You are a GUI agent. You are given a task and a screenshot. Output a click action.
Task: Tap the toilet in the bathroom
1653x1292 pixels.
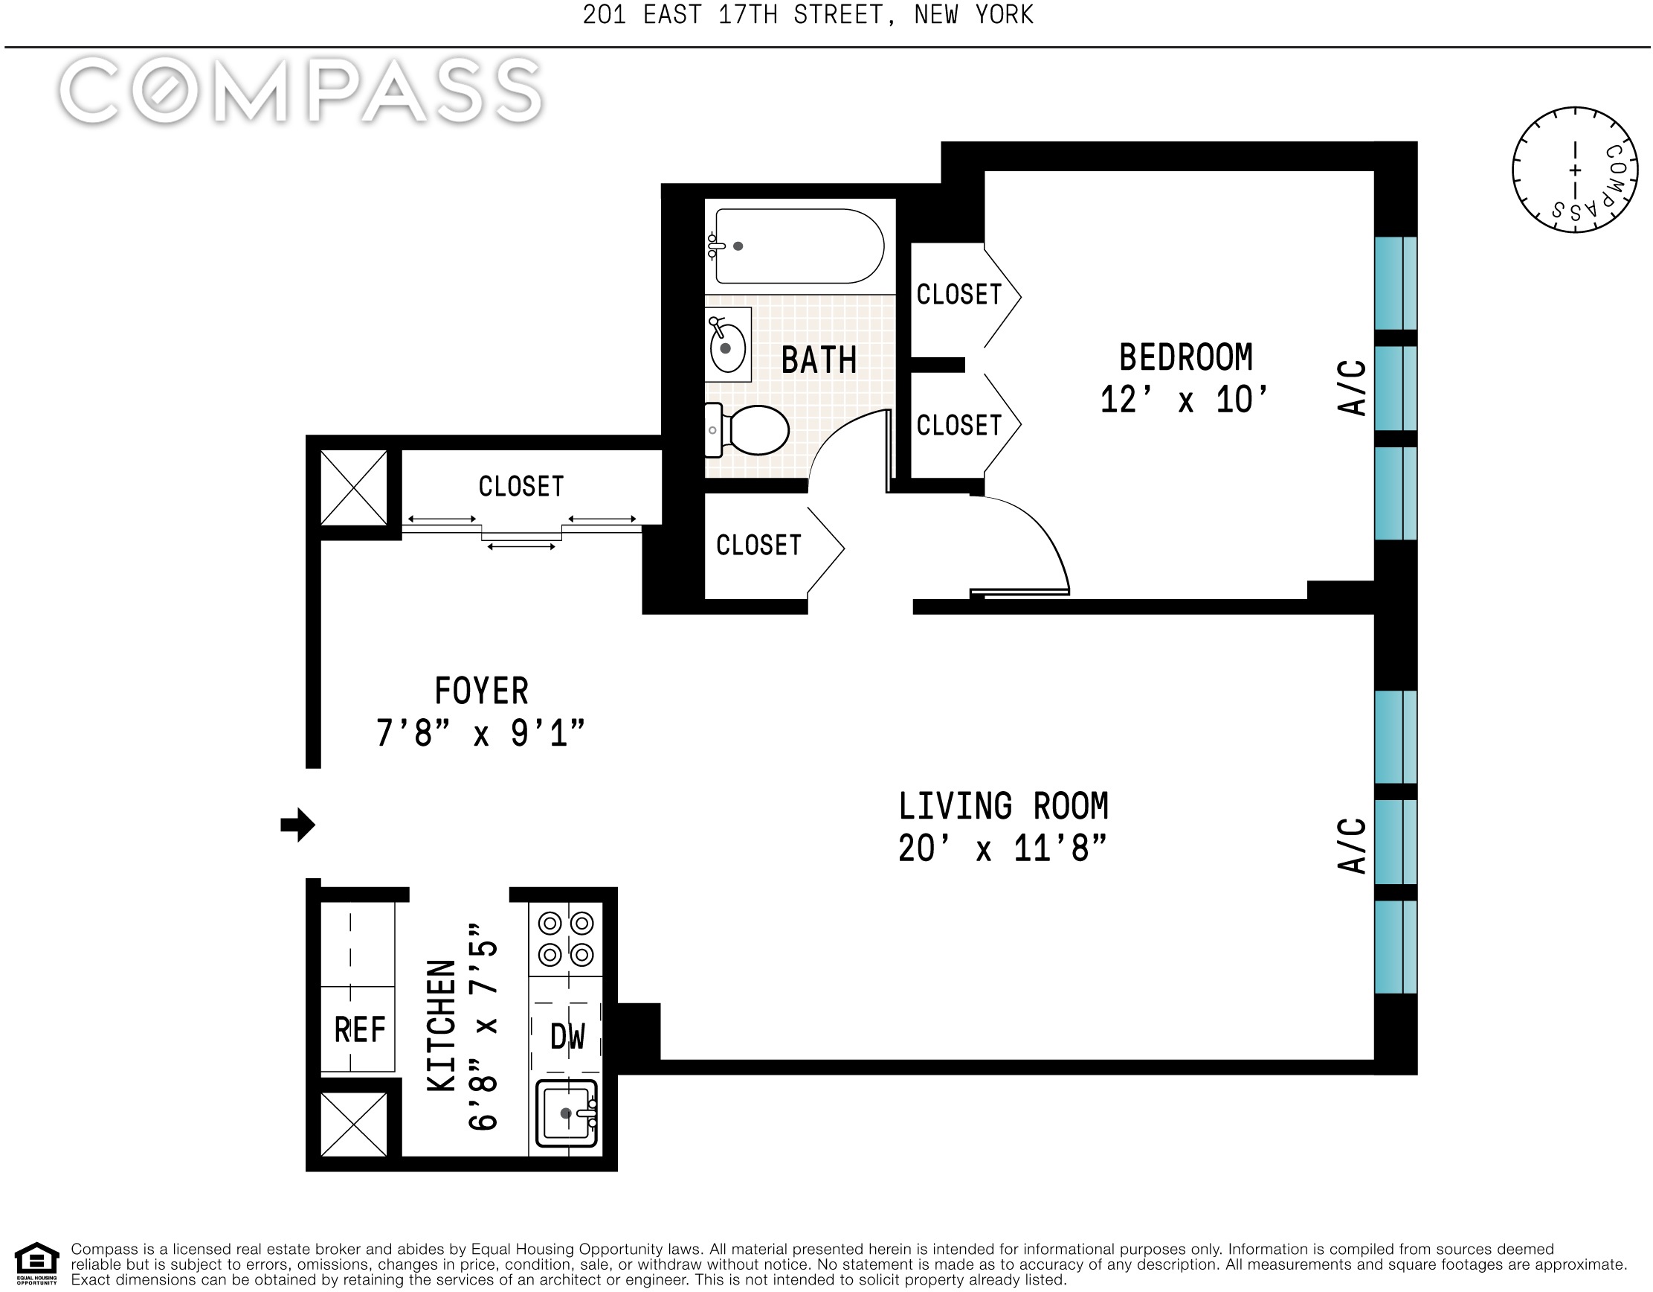(x=747, y=430)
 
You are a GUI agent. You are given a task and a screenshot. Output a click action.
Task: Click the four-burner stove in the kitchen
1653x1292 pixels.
(x=565, y=939)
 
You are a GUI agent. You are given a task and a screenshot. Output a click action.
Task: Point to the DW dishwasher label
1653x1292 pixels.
(x=567, y=1037)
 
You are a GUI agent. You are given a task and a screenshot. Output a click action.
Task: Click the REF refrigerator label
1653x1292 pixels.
(x=359, y=1030)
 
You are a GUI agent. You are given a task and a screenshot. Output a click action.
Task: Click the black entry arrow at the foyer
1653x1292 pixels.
(x=297, y=825)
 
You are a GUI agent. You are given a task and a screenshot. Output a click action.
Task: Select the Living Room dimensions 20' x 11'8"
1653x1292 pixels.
(x=1002, y=848)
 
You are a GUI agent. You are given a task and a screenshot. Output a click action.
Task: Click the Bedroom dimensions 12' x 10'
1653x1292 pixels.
(x=1185, y=400)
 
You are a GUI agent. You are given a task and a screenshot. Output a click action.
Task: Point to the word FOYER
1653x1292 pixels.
(x=481, y=691)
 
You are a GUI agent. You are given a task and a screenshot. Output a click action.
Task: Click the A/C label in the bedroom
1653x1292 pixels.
(x=1352, y=388)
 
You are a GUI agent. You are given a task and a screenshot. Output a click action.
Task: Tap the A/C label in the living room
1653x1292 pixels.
(x=1352, y=846)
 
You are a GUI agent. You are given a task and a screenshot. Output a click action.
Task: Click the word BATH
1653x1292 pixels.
(x=819, y=359)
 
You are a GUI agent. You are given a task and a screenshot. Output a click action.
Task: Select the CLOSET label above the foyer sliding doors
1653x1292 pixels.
(x=521, y=486)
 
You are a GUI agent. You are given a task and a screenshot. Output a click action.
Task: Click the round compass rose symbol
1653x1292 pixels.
(x=1575, y=170)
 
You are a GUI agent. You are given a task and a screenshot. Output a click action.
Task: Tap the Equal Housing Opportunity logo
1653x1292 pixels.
(x=36, y=1264)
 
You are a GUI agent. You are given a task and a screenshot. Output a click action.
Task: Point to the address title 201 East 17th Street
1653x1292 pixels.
(x=808, y=15)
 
